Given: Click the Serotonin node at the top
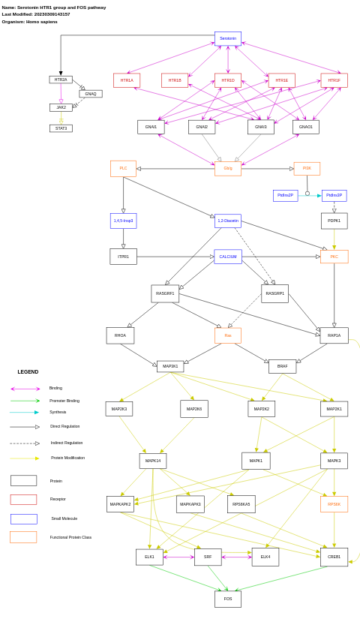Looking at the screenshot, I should click(x=228, y=38).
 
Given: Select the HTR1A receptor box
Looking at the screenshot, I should click(x=127, y=80).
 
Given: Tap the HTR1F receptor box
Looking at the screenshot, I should click(x=334, y=80).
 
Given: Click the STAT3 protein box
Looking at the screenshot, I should click(x=61, y=128).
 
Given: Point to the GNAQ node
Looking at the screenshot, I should click(x=91, y=94).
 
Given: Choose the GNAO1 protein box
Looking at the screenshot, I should click(x=306, y=127).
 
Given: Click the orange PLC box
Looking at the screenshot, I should click(x=123, y=168).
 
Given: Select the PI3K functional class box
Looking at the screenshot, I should click(x=307, y=168).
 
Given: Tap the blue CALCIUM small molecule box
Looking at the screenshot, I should click(x=228, y=257).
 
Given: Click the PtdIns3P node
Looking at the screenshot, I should click(x=334, y=195).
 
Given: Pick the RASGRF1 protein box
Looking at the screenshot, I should click(x=165, y=293).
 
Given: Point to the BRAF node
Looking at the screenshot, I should click(x=282, y=366).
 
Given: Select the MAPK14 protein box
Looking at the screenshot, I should click(x=153, y=461).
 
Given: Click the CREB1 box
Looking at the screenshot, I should click(x=334, y=557).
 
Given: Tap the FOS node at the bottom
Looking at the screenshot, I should click(x=228, y=599).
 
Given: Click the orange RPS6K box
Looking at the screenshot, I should click(x=334, y=504).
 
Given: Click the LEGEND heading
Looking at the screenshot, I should click(x=28, y=371).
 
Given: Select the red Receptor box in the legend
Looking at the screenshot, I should click(x=23, y=500).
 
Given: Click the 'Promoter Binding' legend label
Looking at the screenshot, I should click(x=64, y=401).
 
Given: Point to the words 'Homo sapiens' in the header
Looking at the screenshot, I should click(x=41, y=22).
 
